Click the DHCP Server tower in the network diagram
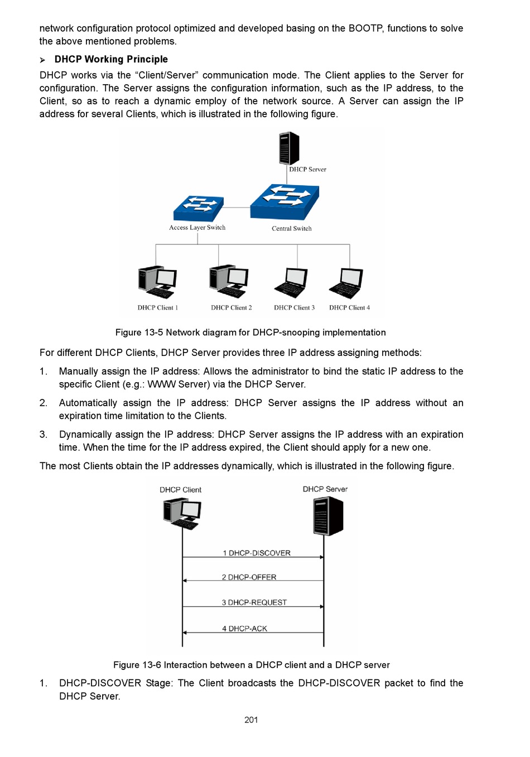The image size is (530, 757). point(289,148)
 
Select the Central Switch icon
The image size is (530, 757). point(285,201)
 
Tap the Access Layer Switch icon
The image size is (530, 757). point(199,209)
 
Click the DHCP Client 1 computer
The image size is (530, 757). point(157,282)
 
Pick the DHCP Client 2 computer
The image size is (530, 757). point(229,281)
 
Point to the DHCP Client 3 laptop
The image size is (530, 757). point(292,283)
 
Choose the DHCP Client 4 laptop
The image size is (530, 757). point(346,283)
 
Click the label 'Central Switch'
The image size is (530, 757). point(292,229)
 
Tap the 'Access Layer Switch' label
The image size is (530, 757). point(197,228)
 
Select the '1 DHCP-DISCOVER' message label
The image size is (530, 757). point(257,553)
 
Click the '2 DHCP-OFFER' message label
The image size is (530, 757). point(249,577)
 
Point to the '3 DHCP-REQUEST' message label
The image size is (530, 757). point(254,602)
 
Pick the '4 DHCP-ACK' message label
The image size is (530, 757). point(244,629)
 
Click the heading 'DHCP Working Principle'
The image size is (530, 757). point(111,59)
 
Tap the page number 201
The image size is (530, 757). point(251,720)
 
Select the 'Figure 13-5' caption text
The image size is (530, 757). point(250,332)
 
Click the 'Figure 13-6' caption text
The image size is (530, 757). point(251,665)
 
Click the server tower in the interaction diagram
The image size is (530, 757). point(328,515)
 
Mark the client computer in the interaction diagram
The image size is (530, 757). point(182,513)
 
